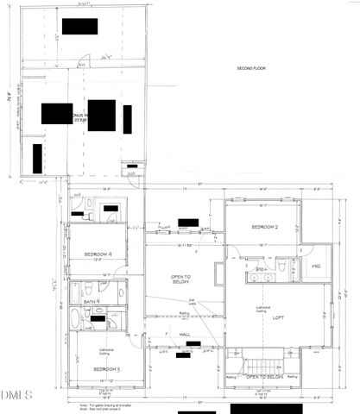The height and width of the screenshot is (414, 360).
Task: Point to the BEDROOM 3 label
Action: [x=106, y=368]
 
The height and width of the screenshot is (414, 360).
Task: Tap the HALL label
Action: [x=185, y=334]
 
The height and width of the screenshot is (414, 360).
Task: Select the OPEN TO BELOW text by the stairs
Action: [x=266, y=377]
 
